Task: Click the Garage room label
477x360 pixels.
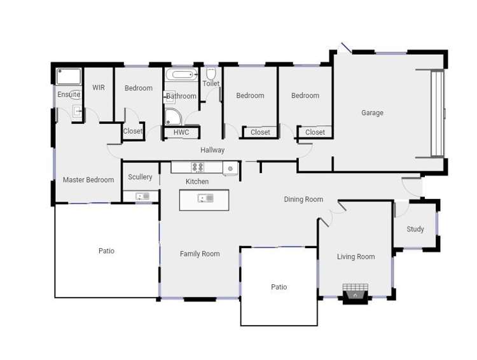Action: pos(372,113)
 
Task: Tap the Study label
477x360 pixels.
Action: pos(415,229)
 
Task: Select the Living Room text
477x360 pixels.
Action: pos(356,257)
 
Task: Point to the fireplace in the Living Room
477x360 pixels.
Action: pos(355,292)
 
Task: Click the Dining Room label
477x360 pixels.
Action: pos(303,200)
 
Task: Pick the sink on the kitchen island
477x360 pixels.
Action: pos(205,198)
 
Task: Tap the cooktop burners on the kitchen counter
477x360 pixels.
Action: pos(198,167)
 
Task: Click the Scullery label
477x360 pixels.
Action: pos(140,177)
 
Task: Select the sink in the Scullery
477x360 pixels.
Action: pos(142,197)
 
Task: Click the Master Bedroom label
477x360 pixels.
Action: pos(88,180)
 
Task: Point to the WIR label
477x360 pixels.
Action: pos(99,88)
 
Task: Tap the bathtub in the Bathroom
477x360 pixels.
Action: pos(181,75)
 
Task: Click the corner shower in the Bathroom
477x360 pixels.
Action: pos(172,116)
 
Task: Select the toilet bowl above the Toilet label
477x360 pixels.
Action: pos(211,74)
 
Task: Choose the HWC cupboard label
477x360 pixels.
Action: pos(181,132)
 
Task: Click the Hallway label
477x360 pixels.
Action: pos(212,150)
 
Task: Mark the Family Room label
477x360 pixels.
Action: pos(200,254)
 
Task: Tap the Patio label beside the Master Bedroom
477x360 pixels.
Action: pos(106,251)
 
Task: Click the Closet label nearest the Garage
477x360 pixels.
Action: pos(315,132)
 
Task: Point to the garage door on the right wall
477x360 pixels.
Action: pos(437,113)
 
